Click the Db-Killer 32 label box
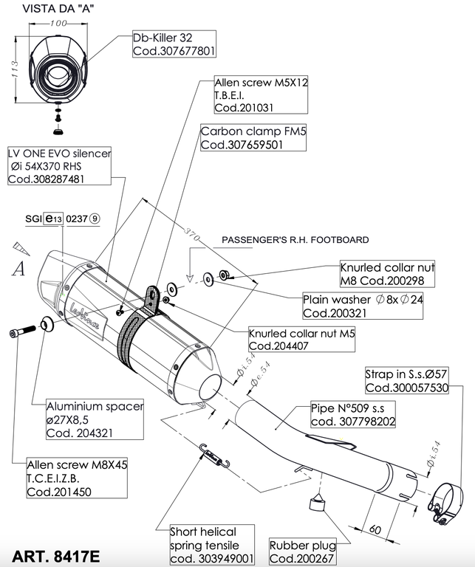pyautogui.click(x=174, y=44)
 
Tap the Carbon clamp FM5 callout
pyautogui.click(x=242, y=138)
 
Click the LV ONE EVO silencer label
pyautogui.click(x=59, y=166)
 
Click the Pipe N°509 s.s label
pyautogui.click(x=344, y=415)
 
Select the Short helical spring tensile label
pyautogui.click(x=212, y=544)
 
